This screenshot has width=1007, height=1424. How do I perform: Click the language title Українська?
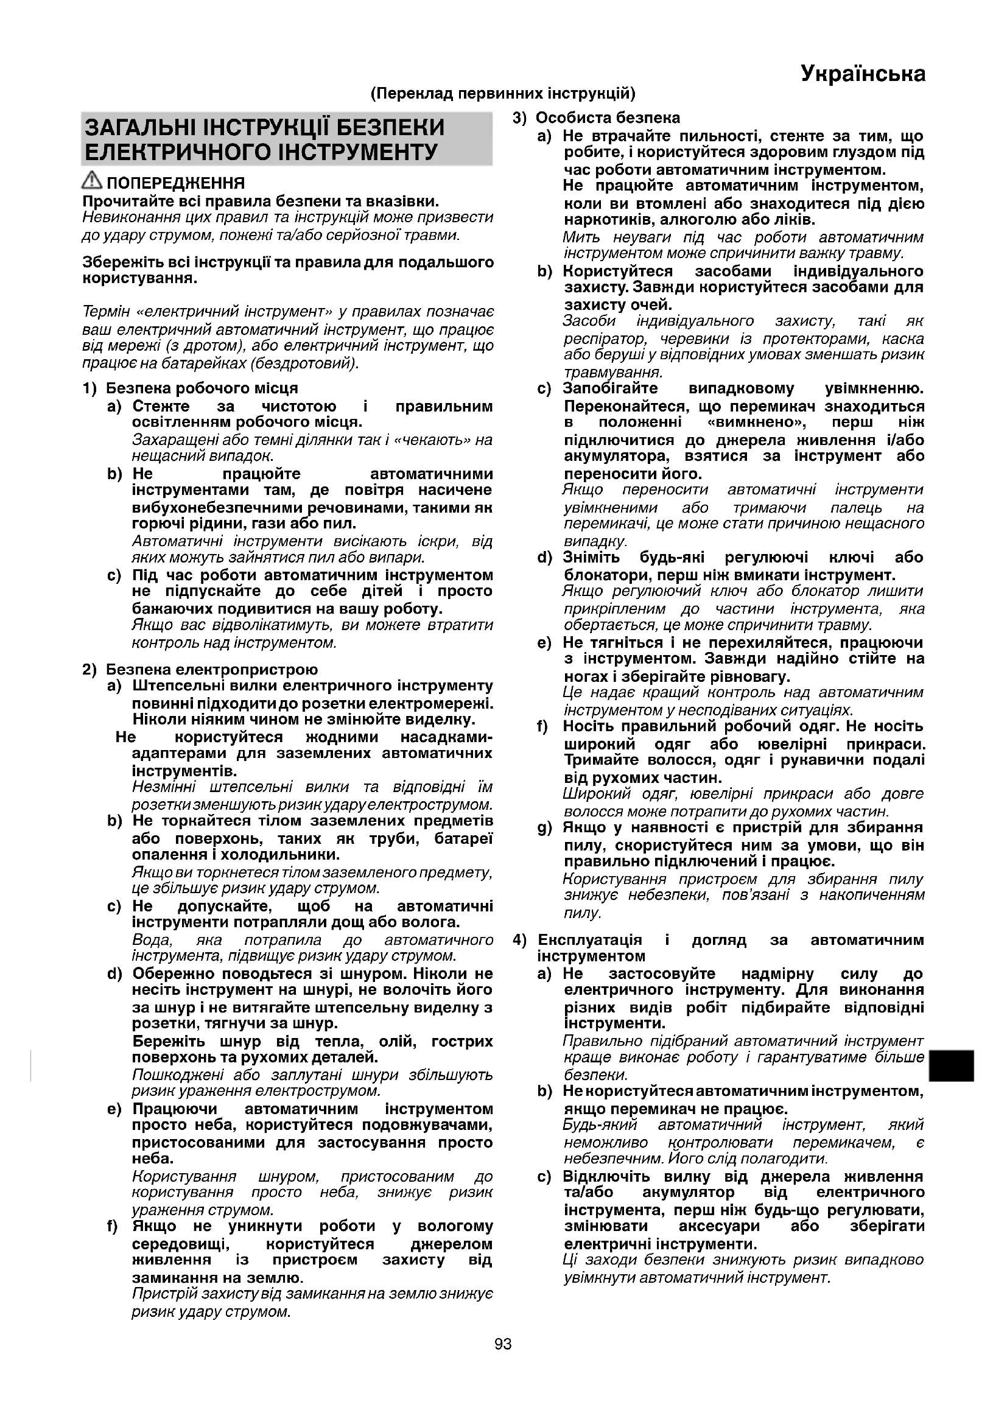pyautogui.click(x=863, y=74)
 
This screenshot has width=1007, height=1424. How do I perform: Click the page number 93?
pyautogui.click(x=503, y=1344)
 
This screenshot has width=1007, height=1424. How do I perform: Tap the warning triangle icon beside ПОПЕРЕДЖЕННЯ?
pyautogui.click(x=93, y=181)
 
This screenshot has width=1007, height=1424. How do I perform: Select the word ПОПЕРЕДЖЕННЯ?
pyautogui.click(x=176, y=183)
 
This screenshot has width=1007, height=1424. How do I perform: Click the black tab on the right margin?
pyautogui.click(x=952, y=1065)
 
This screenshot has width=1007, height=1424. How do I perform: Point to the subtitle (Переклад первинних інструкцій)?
pyautogui.click(x=503, y=94)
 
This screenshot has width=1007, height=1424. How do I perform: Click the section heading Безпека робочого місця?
pyautogui.click(x=202, y=388)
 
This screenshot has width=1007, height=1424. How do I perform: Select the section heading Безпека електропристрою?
pyautogui.click(x=211, y=670)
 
